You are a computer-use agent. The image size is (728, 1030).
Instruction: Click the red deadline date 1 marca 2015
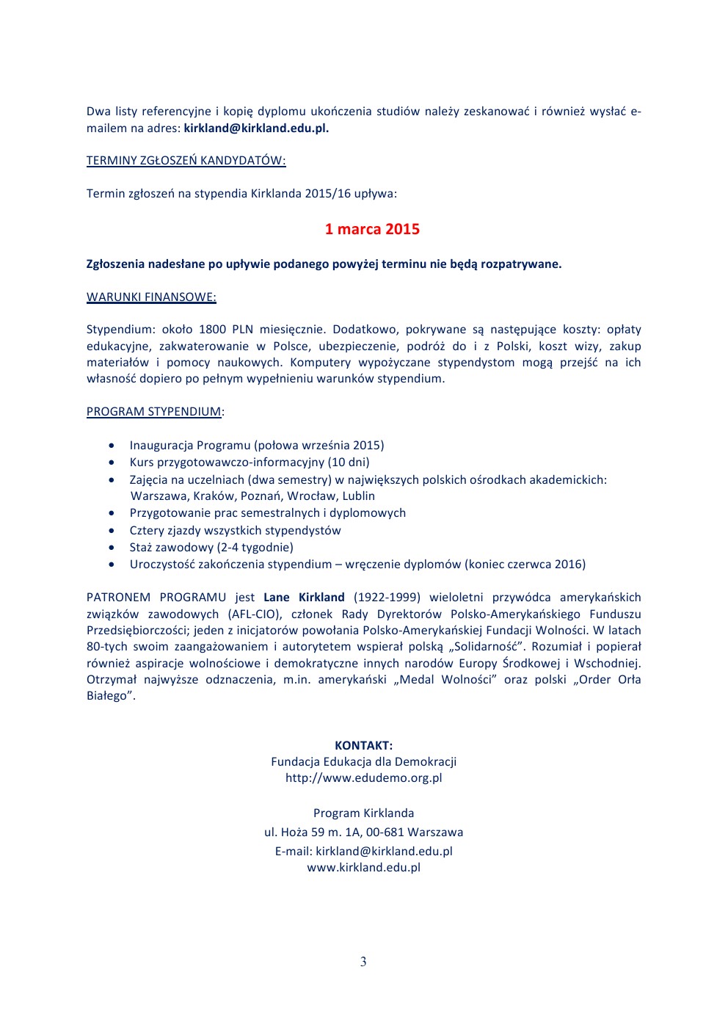[x=372, y=229]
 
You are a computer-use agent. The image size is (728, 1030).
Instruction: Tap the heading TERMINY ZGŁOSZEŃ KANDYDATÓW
[x=186, y=161]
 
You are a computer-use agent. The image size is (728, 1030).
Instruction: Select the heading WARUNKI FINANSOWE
[x=151, y=297]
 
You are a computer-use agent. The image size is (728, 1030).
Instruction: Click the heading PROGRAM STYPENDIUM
[x=153, y=412]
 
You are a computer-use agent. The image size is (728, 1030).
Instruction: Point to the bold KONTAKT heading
[x=363, y=745]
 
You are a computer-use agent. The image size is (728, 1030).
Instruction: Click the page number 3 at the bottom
[x=363, y=962]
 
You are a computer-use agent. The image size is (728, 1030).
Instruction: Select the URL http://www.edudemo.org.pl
[x=363, y=778]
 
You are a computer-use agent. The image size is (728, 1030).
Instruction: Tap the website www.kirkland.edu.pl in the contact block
[x=363, y=868]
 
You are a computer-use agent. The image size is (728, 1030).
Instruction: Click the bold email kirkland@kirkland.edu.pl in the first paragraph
[x=256, y=128]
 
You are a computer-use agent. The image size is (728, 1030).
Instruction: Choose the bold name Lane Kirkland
[x=304, y=598]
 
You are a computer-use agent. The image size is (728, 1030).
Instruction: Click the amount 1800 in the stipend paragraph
[x=212, y=330]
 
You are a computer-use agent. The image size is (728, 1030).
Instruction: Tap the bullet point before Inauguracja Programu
[x=112, y=446]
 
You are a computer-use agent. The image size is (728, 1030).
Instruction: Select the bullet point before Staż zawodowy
[x=112, y=548]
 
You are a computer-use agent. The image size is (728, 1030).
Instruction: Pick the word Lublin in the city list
[x=359, y=496]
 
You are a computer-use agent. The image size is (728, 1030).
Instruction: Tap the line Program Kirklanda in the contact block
[x=363, y=813]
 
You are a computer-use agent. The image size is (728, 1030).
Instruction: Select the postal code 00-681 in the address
[x=386, y=833]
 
